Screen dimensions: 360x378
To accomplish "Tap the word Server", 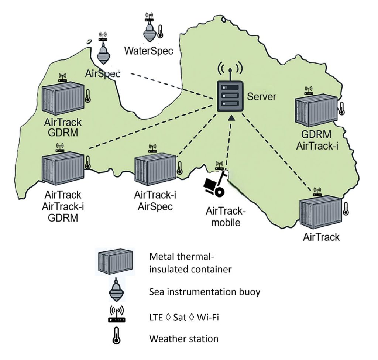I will click(261, 97).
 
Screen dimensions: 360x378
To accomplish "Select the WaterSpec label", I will click(149, 50).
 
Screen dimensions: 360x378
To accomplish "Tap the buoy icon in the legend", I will click(117, 290).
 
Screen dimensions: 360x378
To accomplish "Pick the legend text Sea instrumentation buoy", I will click(205, 292).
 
